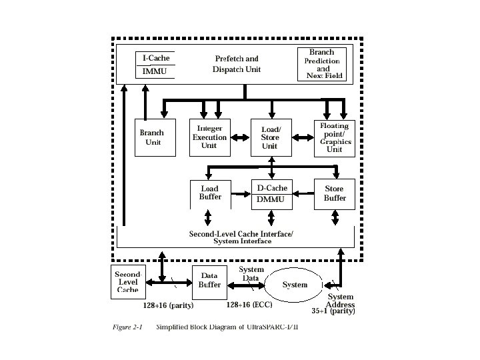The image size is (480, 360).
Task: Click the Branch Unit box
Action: pyautogui.click(x=153, y=137)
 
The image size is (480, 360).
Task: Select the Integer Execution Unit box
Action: pyautogui.click(x=209, y=137)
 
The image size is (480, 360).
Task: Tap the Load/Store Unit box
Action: pyautogui.click(x=270, y=137)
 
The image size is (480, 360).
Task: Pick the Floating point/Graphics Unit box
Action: pyautogui.click(x=334, y=137)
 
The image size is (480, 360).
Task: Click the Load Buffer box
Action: pyautogui.click(x=209, y=193)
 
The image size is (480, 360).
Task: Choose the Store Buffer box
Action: pyautogui.click(x=334, y=193)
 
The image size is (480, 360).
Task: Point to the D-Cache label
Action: pyautogui.click(x=272, y=188)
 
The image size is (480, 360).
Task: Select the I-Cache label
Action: pyautogui.click(x=155, y=59)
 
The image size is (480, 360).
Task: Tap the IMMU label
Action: pyautogui.click(x=155, y=71)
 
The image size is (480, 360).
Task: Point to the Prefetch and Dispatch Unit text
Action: pyautogui.click(x=237, y=64)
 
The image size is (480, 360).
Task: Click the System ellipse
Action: pyautogui.click(x=295, y=285)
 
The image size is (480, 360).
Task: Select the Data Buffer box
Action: pyautogui.click(x=209, y=281)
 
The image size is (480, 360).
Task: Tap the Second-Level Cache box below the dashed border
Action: pyautogui.click(x=127, y=281)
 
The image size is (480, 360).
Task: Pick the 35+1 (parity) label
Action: pyautogui.click(x=333, y=311)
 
